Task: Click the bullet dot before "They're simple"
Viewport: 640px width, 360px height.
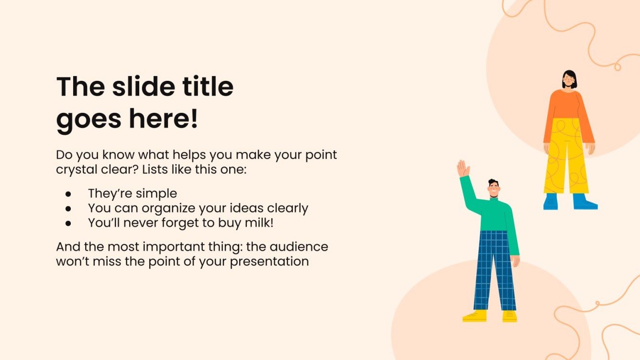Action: tap(68, 194)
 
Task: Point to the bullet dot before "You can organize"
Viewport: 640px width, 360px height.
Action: tap(68, 208)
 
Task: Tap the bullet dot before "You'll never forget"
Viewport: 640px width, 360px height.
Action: tap(68, 223)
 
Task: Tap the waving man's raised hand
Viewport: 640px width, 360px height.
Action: tap(463, 168)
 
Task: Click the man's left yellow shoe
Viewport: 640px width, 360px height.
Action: tap(474, 316)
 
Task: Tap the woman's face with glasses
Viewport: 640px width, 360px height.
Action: tap(569, 80)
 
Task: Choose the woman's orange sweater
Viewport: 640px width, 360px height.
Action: tap(568, 105)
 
